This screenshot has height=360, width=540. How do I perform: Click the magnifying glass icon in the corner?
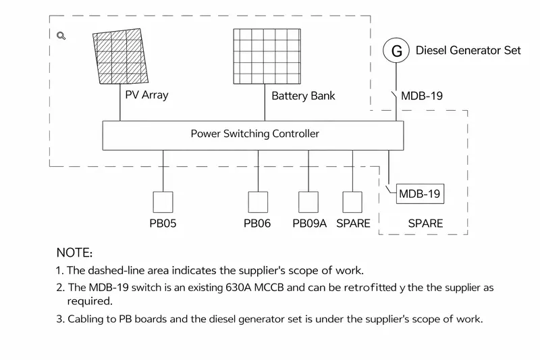[61, 36]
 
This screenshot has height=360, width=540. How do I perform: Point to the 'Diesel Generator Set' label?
[468, 51]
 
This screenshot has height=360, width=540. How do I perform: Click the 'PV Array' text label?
[146, 95]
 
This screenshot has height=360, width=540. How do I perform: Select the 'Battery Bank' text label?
[303, 95]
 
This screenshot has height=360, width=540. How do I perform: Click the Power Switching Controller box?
[253, 134]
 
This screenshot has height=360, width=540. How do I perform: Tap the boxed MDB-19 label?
[420, 195]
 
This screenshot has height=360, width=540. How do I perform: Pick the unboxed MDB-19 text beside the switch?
[422, 96]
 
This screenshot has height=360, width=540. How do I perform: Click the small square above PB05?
[163, 202]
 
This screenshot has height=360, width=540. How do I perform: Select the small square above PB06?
[258, 202]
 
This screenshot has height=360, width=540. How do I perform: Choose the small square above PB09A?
[308, 202]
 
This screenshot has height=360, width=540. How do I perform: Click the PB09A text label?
[309, 224]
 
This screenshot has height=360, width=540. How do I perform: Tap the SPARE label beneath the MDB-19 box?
[425, 224]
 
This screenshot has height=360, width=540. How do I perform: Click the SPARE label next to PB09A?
[353, 224]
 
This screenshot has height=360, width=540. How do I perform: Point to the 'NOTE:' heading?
[74, 253]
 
